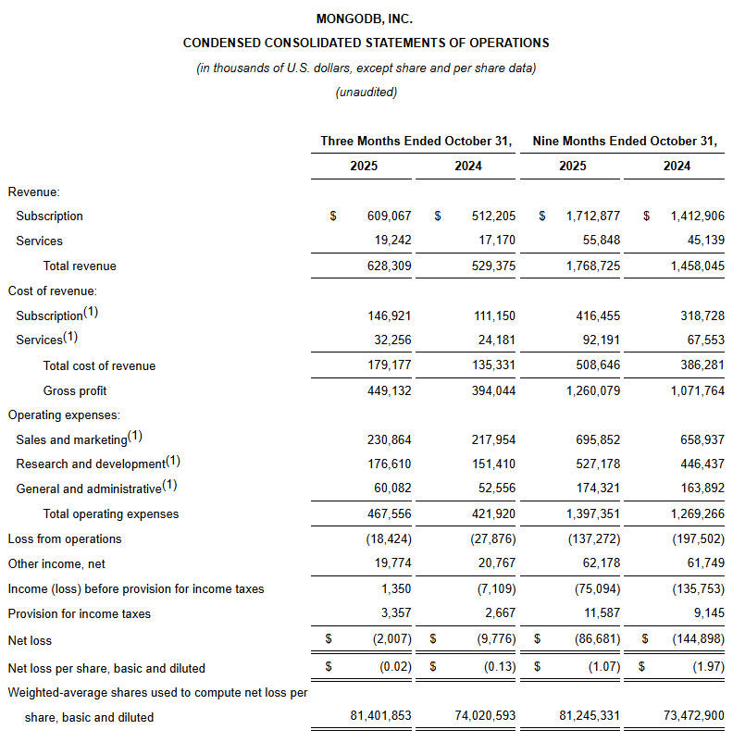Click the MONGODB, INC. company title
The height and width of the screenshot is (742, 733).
click(366, 19)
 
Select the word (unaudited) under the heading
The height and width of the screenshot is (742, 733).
click(366, 92)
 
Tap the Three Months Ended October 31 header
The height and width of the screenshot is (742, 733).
click(416, 142)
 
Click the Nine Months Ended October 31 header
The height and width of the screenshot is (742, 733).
click(625, 142)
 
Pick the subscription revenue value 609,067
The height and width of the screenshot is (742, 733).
click(388, 216)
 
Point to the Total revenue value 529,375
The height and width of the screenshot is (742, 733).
click(491, 266)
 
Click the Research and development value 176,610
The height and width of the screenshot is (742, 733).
click(390, 464)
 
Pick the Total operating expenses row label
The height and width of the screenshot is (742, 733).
click(111, 513)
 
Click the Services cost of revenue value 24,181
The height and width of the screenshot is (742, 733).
click(495, 340)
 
